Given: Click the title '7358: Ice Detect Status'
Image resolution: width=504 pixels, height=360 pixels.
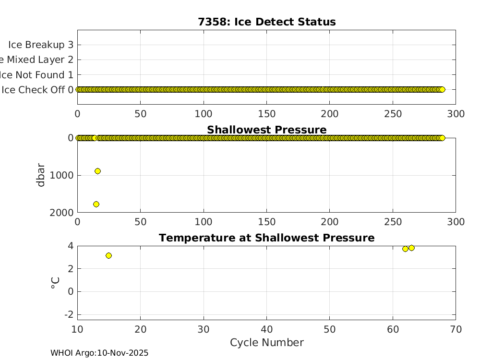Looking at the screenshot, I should click(x=266, y=22).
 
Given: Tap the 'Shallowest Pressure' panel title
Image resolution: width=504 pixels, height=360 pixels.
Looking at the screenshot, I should click(x=266, y=130).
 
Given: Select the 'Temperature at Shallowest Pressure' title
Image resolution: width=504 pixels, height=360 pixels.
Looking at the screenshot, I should click(x=266, y=238).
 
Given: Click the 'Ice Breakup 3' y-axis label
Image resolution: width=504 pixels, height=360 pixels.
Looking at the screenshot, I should click(x=40, y=45).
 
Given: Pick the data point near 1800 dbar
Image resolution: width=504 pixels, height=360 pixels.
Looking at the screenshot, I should click(x=96, y=204).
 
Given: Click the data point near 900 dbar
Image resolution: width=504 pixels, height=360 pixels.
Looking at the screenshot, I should click(x=97, y=171).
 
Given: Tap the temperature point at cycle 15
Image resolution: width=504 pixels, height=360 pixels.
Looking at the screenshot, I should click(x=108, y=255).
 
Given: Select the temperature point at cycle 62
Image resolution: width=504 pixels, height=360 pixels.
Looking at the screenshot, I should click(x=405, y=249).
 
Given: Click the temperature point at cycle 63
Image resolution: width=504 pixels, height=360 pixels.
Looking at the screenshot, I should click(x=411, y=248).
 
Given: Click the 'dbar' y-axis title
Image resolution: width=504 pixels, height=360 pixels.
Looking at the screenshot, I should click(x=41, y=175).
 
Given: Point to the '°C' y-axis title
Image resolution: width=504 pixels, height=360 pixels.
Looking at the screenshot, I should click(x=55, y=282).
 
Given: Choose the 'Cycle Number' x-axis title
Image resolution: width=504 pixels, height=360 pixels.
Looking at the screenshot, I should click(x=266, y=342).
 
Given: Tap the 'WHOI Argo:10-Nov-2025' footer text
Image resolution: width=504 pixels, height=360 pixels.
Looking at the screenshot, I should click(x=99, y=353).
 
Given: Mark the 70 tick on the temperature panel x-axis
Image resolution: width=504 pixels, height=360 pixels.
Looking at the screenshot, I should click(x=456, y=329).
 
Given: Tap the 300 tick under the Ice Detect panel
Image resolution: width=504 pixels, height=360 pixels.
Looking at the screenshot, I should click(x=456, y=114).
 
